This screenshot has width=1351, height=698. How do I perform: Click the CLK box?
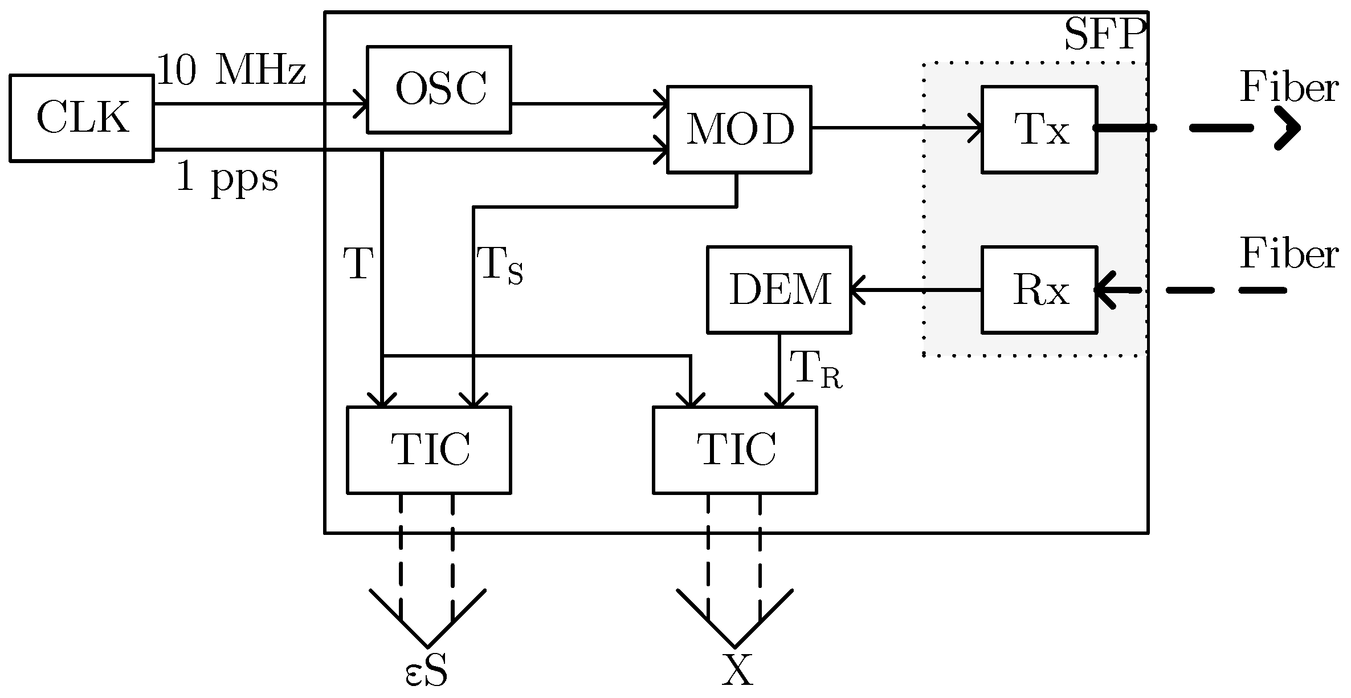point(81,118)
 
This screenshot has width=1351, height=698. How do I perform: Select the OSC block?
point(439,90)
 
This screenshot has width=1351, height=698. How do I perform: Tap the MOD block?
point(739,129)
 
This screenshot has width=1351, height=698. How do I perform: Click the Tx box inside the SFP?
point(1039,129)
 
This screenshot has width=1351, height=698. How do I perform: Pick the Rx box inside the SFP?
point(1039,290)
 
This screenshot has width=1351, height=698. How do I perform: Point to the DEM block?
point(779,290)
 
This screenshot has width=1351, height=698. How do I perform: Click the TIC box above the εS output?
point(429,450)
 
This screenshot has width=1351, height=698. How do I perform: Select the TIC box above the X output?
point(735,450)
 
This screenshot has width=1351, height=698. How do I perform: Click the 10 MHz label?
point(231,71)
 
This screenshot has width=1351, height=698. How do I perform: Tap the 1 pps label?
point(227,178)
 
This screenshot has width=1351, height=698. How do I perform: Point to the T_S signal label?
point(500,266)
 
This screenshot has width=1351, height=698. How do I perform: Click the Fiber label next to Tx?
point(1289,88)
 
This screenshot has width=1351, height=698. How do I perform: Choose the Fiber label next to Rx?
point(1289,253)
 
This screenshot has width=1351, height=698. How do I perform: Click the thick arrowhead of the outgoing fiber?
point(1289,128)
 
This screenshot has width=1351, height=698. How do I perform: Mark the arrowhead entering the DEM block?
point(858,290)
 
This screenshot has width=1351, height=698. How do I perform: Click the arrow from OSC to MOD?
point(587,104)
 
